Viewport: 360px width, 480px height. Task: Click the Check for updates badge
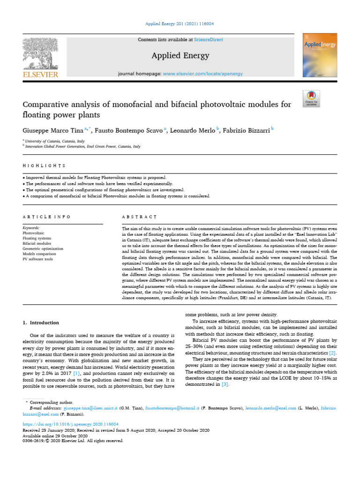(312, 98)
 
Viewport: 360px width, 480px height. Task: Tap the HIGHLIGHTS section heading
(45, 166)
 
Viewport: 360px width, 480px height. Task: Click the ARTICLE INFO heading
(47, 217)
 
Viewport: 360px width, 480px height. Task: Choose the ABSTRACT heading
(139, 217)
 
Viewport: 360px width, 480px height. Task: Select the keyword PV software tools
(38, 259)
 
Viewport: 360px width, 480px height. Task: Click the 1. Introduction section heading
(41, 322)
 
